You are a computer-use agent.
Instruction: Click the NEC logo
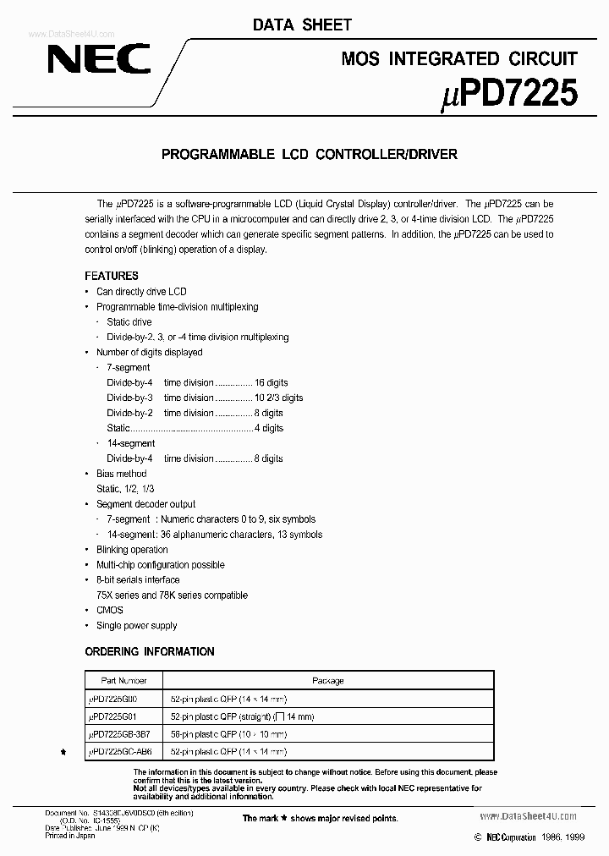click(x=98, y=59)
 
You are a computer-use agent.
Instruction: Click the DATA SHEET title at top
click(x=302, y=25)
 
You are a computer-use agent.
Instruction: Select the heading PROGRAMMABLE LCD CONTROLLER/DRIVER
click(x=309, y=154)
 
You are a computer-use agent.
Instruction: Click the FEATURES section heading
click(x=112, y=276)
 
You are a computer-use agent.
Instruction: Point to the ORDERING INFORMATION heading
click(x=150, y=651)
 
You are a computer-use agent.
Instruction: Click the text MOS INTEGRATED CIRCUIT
click(x=459, y=58)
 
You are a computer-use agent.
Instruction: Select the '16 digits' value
click(x=272, y=382)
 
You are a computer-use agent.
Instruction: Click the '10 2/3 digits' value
click(x=278, y=398)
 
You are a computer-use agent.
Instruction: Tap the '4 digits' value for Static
click(x=269, y=428)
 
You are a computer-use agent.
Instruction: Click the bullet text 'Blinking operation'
click(x=132, y=550)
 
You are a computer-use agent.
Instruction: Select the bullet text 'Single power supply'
click(x=136, y=625)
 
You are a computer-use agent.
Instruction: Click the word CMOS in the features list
click(x=109, y=610)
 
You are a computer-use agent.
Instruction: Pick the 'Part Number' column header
click(x=123, y=680)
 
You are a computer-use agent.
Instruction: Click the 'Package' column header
click(x=327, y=680)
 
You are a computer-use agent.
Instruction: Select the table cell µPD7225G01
click(x=118, y=716)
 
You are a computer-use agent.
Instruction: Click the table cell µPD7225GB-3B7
click(x=123, y=733)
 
